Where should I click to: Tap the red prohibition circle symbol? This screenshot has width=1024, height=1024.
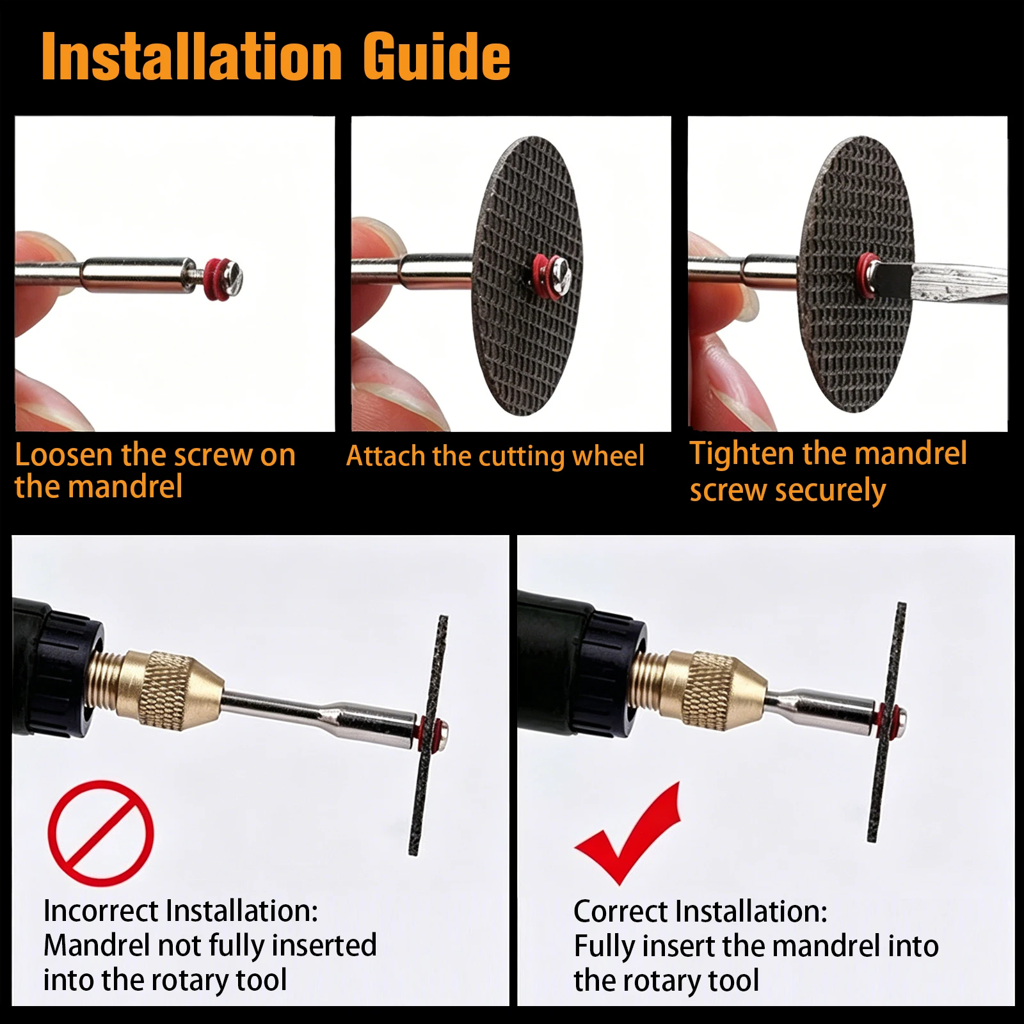tap(101, 833)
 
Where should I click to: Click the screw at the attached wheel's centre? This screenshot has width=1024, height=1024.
tap(561, 274)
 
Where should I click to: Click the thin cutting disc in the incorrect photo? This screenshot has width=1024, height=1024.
tap(429, 735)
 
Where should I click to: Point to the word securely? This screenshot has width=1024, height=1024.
tap(830, 491)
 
